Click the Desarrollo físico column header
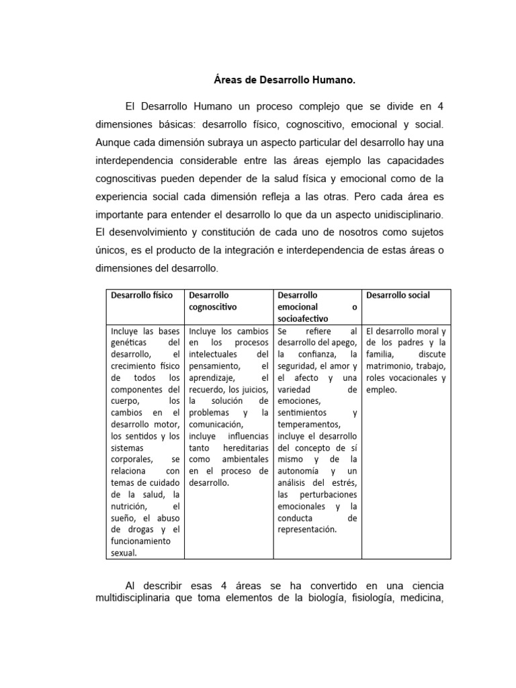click(142, 295)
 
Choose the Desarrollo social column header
click(398, 295)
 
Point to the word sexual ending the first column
click(124, 552)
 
